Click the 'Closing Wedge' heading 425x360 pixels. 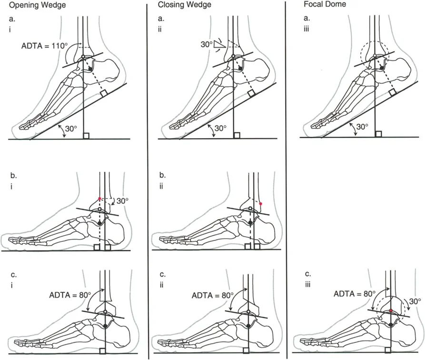[179, 5]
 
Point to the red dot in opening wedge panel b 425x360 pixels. [99, 198]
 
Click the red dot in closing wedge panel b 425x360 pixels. [261, 203]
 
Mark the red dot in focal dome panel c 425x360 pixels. [391, 310]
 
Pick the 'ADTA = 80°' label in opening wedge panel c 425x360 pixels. [68, 294]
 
